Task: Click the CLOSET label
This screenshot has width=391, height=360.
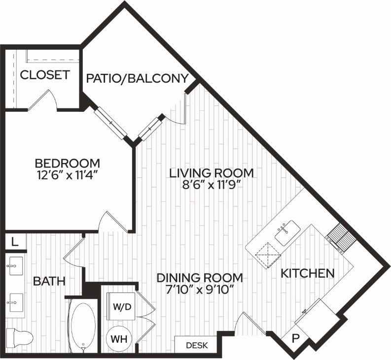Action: (x=44, y=75)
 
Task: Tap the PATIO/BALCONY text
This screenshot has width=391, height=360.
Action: (x=138, y=78)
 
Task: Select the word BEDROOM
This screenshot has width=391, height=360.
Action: (x=67, y=163)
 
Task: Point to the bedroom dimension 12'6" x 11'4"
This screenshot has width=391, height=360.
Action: (x=67, y=175)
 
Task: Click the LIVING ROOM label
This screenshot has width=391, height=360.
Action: (x=211, y=173)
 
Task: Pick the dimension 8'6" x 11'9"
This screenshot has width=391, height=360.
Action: (x=211, y=186)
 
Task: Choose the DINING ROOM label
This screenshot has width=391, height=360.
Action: (x=200, y=277)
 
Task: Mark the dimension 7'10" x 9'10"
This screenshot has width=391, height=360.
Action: (x=200, y=290)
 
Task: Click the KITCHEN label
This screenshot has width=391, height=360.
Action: (x=308, y=273)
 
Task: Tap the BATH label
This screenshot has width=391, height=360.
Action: (x=49, y=281)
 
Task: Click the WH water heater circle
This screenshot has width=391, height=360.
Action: (x=118, y=339)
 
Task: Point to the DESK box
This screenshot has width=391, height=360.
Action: (x=196, y=345)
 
